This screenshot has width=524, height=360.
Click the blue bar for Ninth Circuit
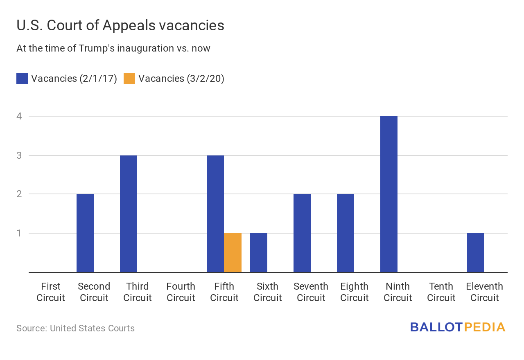[389, 194]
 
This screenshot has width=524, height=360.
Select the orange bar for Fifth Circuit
[233, 253]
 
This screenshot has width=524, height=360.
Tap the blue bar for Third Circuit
[129, 214]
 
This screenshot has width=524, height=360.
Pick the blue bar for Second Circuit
[85, 233]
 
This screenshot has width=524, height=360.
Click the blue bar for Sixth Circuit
[259, 253]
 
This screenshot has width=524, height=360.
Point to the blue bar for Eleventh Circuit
[476, 253]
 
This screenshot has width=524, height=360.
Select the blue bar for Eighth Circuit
[346, 233]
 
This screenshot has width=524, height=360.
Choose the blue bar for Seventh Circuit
[302, 233]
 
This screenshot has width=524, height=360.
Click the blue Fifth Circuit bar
[215, 214]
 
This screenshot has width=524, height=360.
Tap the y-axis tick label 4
[19, 116]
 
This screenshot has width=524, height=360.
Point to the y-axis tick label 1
[19, 233]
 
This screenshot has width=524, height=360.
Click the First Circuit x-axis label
[51, 292]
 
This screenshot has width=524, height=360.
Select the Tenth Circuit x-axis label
[441, 292]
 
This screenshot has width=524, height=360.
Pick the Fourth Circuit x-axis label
[181, 292]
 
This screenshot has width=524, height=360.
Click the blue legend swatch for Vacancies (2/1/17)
[22, 79]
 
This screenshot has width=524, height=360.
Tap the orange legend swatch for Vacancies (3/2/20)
[129, 79]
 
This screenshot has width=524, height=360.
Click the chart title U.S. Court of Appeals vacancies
[120, 25]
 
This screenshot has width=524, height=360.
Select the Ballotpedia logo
[458, 327]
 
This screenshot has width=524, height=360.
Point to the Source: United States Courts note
[75, 328]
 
